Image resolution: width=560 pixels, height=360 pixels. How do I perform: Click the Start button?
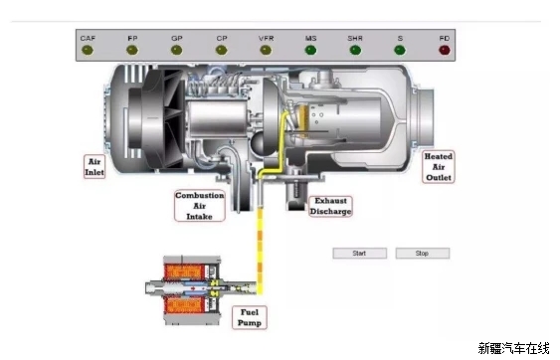359,254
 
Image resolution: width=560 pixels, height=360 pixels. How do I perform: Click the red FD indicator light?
445,50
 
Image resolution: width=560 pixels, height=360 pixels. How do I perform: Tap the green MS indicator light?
310,50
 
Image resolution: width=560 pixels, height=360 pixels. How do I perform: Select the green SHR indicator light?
355,50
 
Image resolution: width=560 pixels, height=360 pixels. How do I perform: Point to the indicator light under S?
400,50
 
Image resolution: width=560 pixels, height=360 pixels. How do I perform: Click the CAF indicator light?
88,50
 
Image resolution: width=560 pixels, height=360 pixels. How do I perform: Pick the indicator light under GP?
176,50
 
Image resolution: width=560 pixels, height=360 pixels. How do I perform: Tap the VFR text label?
266,38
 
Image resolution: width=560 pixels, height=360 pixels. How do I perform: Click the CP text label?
222,38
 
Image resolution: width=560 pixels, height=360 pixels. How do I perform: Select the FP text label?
132,38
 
